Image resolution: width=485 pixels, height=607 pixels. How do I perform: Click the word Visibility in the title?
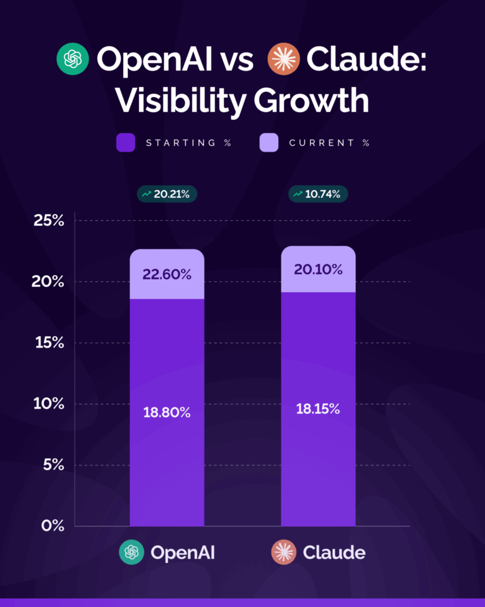(x=179, y=101)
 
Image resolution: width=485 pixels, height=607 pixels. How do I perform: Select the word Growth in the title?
(x=311, y=101)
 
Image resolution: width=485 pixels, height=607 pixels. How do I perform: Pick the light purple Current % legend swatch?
(x=269, y=143)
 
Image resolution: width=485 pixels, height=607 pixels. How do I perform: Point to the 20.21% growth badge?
(x=167, y=194)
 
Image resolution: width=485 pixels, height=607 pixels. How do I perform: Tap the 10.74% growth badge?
(x=318, y=194)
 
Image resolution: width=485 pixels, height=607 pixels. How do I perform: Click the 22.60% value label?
(x=167, y=274)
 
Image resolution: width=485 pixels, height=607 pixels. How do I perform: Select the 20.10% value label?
(x=318, y=270)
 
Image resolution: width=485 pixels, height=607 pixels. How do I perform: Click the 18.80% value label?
(x=167, y=413)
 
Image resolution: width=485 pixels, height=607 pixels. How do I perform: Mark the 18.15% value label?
(x=318, y=408)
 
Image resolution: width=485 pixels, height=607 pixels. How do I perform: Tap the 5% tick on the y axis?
(x=52, y=465)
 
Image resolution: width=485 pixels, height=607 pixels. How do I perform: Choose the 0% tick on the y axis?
(x=52, y=526)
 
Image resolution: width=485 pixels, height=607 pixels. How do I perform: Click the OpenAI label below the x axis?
(x=182, y=552)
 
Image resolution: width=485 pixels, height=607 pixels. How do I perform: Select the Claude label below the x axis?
(x=334, y=552)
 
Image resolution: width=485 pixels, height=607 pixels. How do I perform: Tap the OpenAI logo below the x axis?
(x=131, y=552)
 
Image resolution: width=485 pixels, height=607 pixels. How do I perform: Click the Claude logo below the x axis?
(x=282, y=552)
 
